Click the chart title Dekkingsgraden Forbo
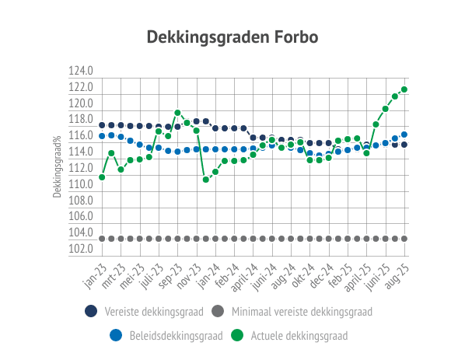(x=232, y=37)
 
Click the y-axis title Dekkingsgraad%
(x=57, y=166)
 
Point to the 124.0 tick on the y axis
(x=81, y=71)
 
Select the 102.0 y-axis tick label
(x=81, y=249)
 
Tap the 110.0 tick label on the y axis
(x=81, y=184)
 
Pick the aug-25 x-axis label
(x=397, y=276)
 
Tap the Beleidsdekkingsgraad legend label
(x=177, y=336)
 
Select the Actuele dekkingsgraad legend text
(x=299, y=336)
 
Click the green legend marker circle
(x=237, y=335)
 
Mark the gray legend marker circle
(x=218, y=311)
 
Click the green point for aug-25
(x=404, y=89)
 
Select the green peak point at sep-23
(x=177, y=113)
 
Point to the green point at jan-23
(x=102, y=177)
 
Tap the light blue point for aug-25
(x=404, y=135)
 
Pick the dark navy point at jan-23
(x=102, y=125)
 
